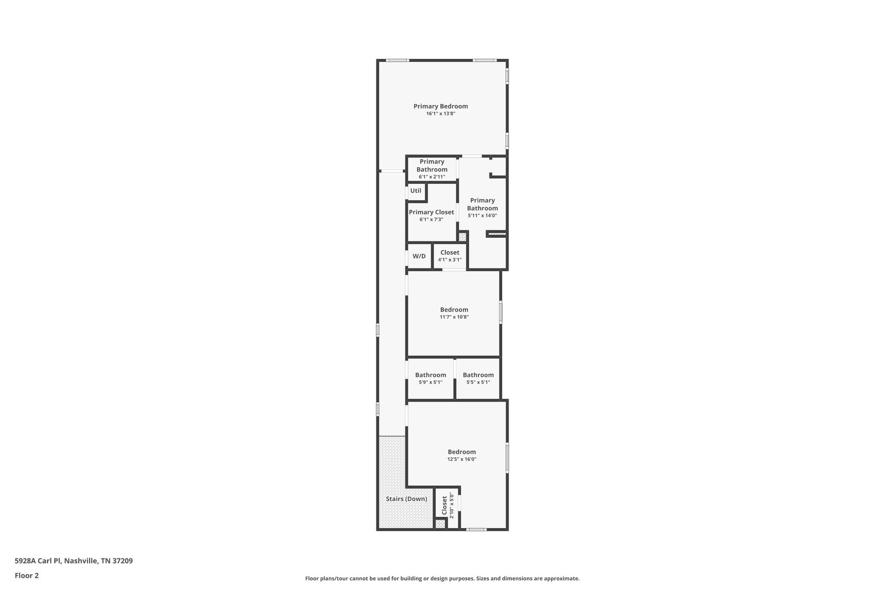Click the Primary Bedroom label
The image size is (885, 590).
[440, 106]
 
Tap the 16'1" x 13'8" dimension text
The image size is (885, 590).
[440, 114]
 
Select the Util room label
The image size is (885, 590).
[416, 191]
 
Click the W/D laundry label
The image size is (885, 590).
[419, 256]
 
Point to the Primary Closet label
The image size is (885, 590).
[431, 212]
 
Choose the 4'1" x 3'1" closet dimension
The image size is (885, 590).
[449, 260]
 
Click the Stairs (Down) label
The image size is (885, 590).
[406, 499]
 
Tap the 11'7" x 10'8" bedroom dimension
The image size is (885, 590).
[454, 317]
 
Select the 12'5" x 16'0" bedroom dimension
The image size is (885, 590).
[462, 459]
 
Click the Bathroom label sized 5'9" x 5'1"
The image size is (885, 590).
[430, 375]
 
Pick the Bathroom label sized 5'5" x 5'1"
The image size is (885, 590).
[478, 375]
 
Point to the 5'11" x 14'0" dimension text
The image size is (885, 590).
[482, 215]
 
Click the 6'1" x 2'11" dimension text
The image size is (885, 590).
[432, 177]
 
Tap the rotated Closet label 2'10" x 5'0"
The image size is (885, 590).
[445, 505]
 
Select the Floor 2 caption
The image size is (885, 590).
[27, 576]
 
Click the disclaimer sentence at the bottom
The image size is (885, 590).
[442, 578]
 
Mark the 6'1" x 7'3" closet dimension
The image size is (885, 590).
[431, 220]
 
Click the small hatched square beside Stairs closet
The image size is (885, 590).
[440, 524]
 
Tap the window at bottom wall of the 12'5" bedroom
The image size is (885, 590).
[476, 529]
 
